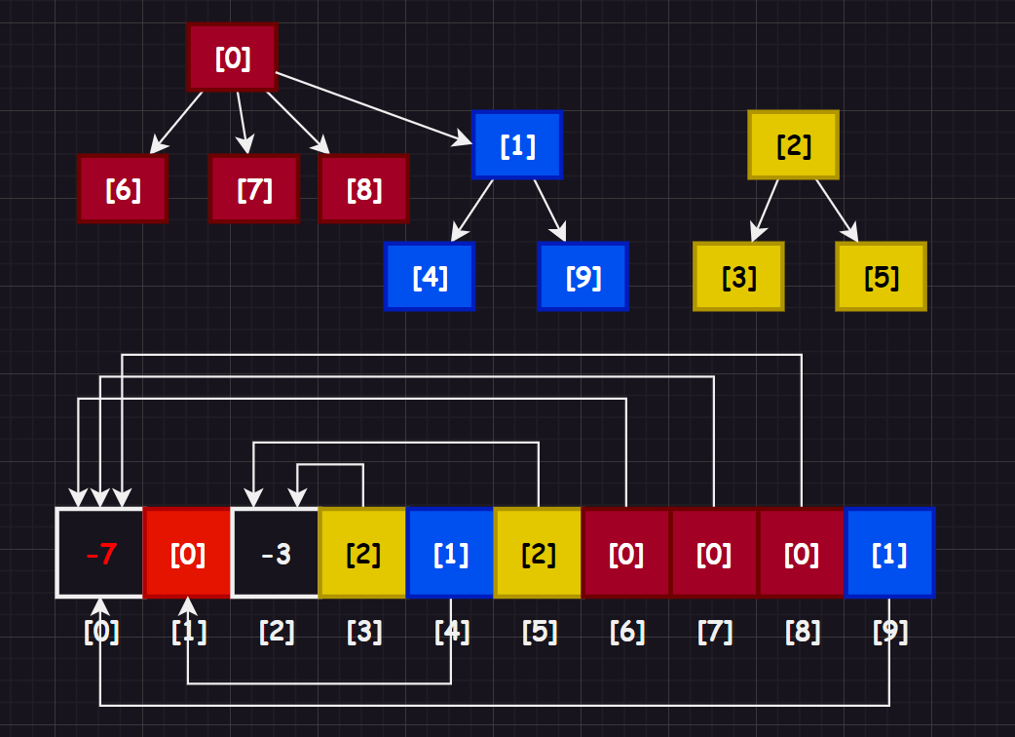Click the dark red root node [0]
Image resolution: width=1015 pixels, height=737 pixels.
tap(233, 58)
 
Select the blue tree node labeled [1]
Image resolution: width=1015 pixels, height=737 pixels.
tap(517, 145)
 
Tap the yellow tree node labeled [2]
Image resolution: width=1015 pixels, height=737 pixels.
tap(793, 145)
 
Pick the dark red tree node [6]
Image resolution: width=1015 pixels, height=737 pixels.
tap(123, 189)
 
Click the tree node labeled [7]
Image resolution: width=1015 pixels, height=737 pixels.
tap(254, 189)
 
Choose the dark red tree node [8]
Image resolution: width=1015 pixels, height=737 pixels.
tap(363, 189)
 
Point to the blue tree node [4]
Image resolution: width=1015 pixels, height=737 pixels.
tap(430, 277)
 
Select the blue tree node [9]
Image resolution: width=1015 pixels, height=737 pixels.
tap(583, 277)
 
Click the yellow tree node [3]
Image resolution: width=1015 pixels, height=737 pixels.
tap(738, 277)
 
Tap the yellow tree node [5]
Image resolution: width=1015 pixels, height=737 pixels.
tap(881, 277)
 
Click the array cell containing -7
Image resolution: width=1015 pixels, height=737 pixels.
tap(100, 553)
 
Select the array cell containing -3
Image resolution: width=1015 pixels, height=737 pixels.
tap(276, 553)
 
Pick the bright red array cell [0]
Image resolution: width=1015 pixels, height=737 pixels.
tap(188, 553)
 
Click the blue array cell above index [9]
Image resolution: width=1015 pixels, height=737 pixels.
tap(889, 553)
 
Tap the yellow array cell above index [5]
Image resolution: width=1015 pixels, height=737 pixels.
tap(539, 553)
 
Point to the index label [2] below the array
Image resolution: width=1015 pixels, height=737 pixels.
tap(277, 632)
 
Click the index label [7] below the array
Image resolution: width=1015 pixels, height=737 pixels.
tap(714, 632)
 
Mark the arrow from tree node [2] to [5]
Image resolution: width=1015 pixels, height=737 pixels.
tap(837, 210)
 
